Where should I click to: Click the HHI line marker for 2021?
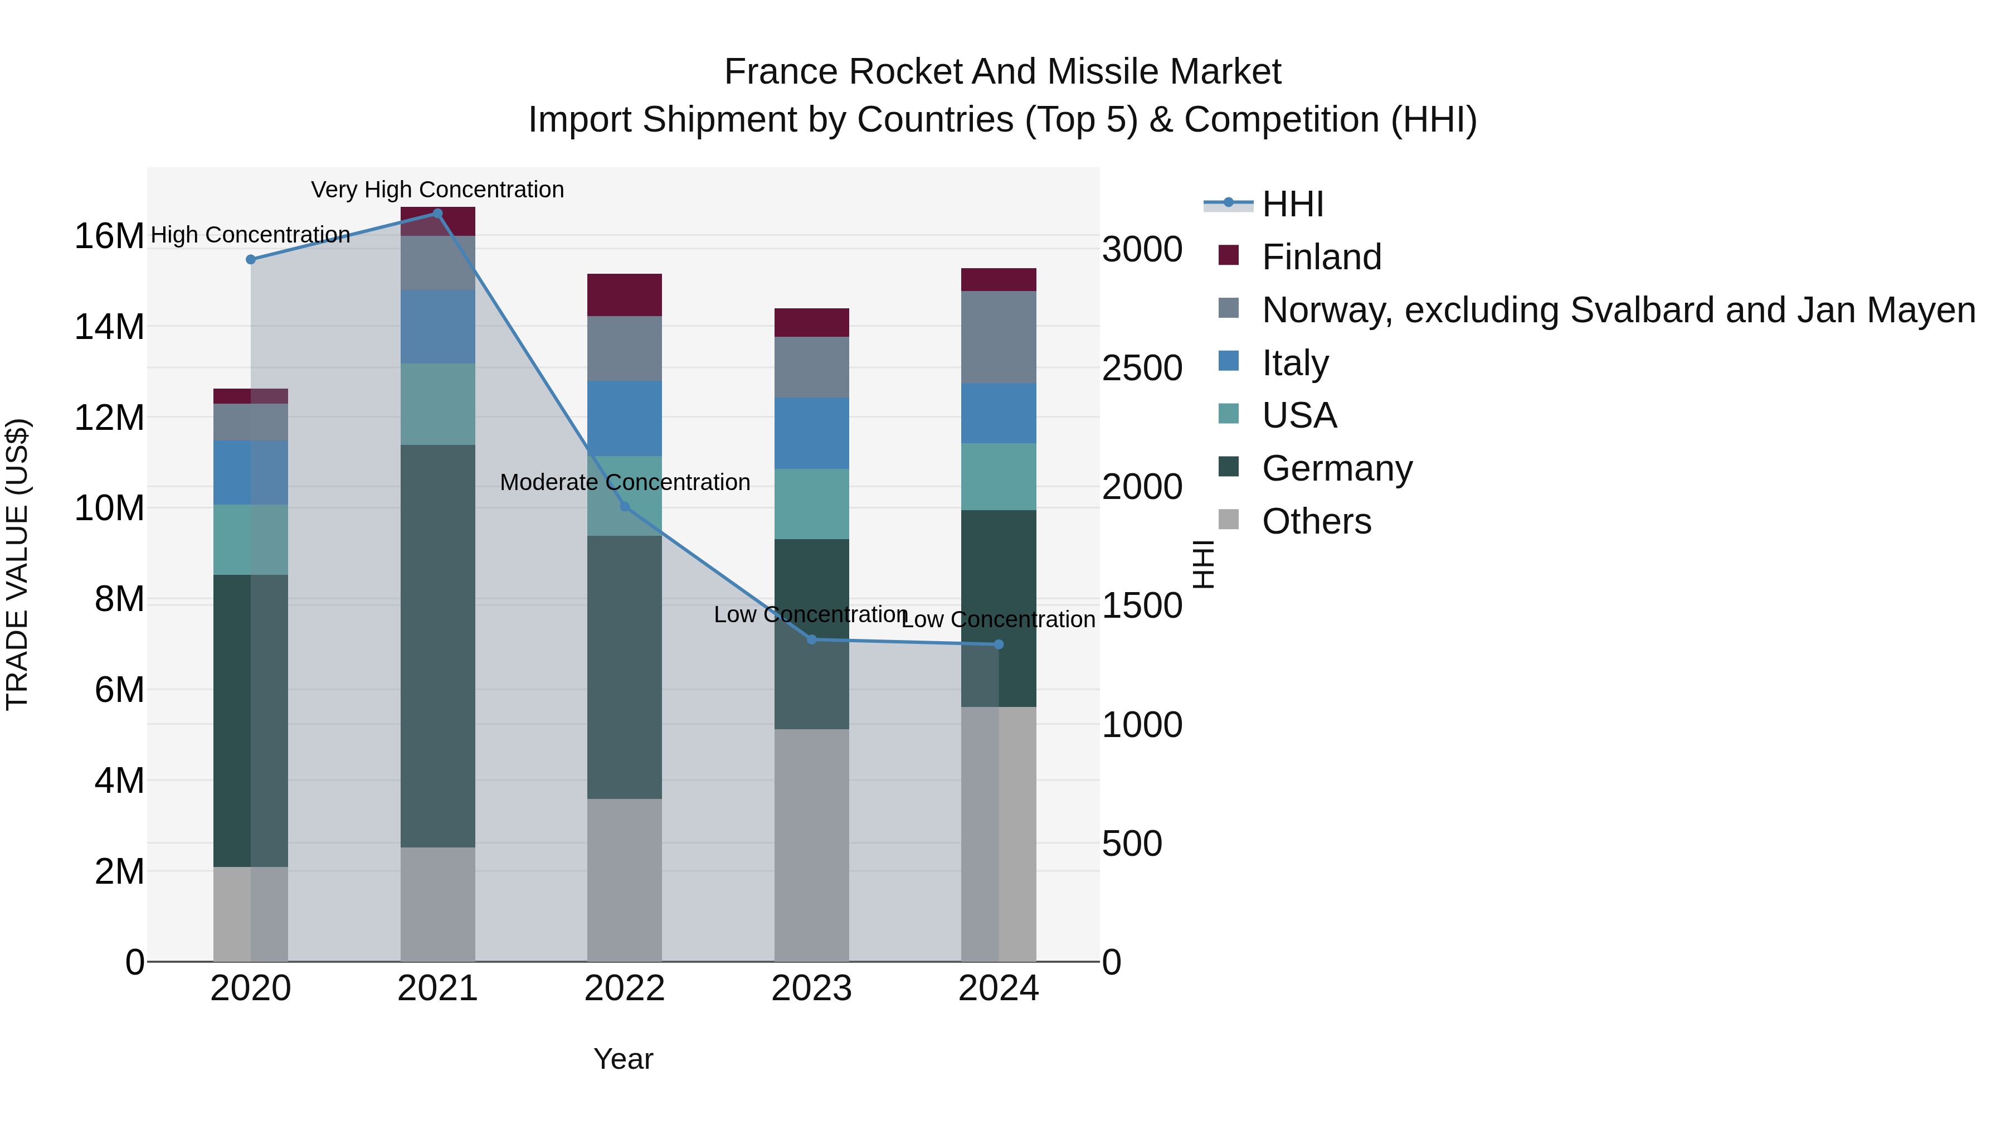pos(437,214)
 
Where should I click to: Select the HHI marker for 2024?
pos(999,645)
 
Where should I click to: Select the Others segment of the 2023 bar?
pos(811,845)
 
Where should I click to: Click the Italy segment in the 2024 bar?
pos(999,413)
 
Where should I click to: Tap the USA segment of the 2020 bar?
pos(251,539)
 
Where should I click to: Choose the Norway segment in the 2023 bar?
pos(811,367)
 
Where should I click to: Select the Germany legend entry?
pos(1336,468)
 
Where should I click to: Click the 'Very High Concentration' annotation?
pos(437,190)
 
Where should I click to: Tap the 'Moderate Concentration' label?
pos(625,482)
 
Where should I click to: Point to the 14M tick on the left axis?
pos(109,327)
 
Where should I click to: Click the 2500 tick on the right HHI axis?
pos(1142,369)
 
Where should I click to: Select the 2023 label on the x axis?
pos(811,989)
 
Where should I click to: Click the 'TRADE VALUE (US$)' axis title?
pos(18,564)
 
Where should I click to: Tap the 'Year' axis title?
pos(623,1059)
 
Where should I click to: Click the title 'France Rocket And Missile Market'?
pos(1002,72)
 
